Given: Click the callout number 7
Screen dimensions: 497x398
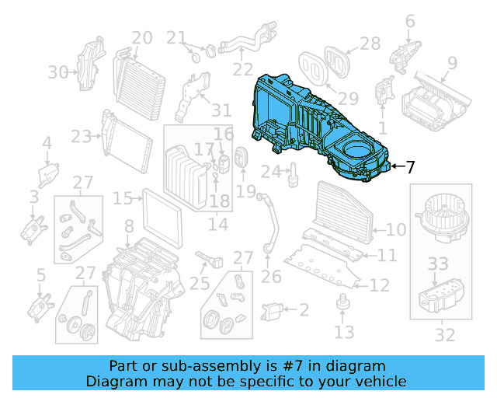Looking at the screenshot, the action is (409, 166).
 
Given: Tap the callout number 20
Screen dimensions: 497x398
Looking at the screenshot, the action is (141, 37).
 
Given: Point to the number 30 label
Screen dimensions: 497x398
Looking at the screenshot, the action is (57, 72).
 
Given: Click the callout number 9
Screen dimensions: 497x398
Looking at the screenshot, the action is (451, 63).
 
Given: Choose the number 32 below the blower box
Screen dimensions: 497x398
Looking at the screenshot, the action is (444, 335).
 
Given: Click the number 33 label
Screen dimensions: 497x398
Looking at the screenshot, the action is (438, 264).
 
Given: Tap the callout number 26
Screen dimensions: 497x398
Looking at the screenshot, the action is (270, 276).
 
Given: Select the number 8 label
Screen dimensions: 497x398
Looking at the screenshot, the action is (129, 227).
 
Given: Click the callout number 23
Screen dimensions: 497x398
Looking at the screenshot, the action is (81, 138).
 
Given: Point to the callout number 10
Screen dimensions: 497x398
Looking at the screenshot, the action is (395, 229).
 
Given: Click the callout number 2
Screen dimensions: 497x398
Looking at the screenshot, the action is (304, 310).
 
